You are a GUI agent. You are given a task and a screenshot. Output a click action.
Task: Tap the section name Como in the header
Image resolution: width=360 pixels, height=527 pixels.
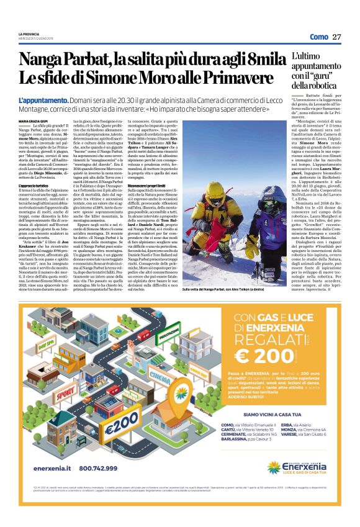click(x=318, y=36)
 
